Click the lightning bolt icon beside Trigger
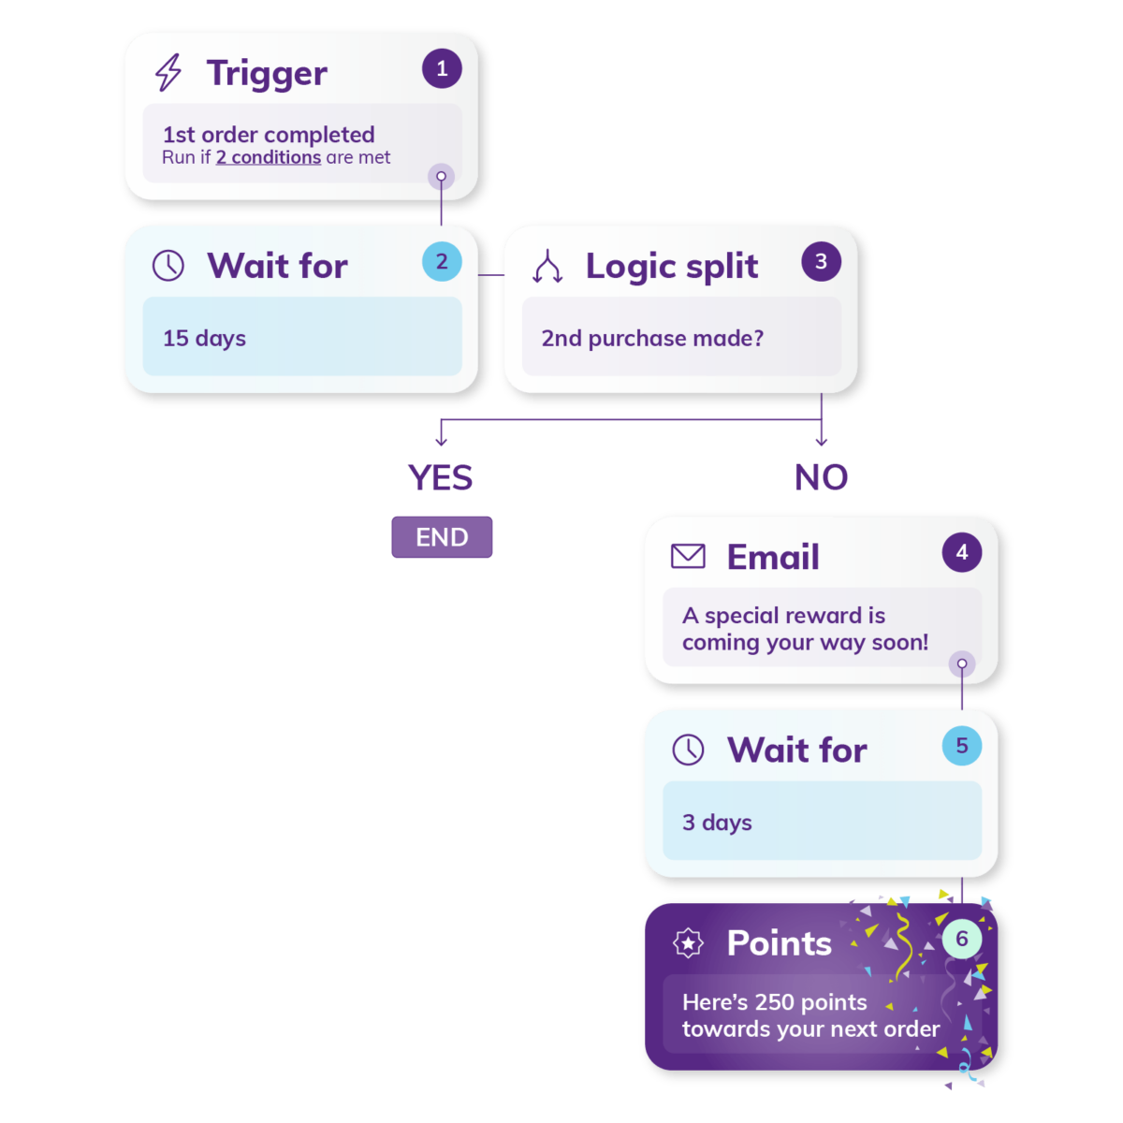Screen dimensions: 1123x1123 (x=168, y=73)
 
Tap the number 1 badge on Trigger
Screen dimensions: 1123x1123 (x=441, y=68)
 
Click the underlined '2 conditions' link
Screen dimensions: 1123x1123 (x=268, y=157)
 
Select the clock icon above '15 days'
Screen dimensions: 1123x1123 (x=168, y=266)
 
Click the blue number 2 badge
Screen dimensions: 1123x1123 (x=441, y=262)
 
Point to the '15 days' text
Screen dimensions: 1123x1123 (x=204, y=338)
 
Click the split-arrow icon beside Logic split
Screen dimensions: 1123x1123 (x=547, y=267)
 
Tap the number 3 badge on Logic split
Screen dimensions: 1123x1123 (x=820, y=262)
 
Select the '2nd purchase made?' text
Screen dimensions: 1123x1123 (x=651, y=338)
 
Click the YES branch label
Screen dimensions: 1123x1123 (x=440, y=477)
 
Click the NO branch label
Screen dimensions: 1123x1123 (x=820, y=477)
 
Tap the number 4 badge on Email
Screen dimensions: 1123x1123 (x=961, y=551)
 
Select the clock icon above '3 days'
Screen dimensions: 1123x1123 (x=687, y=749)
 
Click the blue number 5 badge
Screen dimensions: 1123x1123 (x=961, y=745)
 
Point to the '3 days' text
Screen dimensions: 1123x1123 (x=716, y=823)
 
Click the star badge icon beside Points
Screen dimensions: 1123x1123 (x=687, y=942)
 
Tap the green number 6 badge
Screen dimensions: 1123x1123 (x=961, y=939)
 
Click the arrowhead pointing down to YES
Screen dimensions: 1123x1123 (x=441, y=443)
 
